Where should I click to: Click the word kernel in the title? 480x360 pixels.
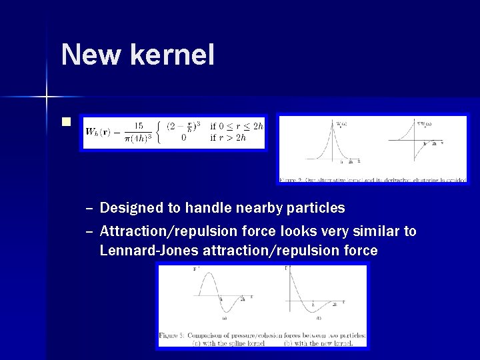(177, 54)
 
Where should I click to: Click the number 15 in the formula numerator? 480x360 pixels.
(138, 125)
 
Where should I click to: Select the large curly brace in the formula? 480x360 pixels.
(158, 132)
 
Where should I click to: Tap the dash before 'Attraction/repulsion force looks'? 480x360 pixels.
(89, 231)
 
